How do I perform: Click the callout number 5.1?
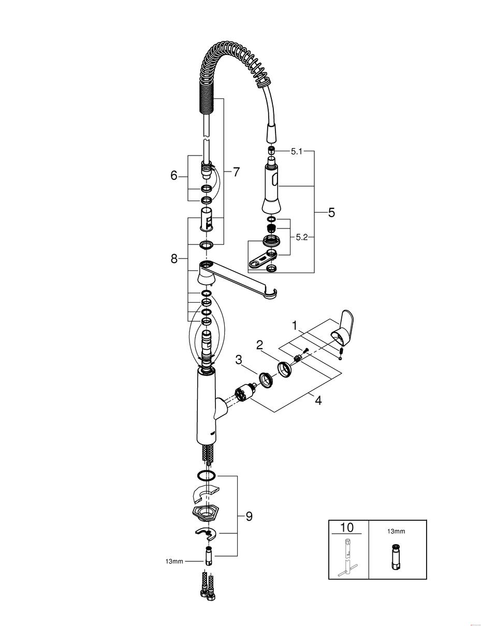coord(296,151)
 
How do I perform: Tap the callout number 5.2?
coord(302,237)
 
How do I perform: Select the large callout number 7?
coord(236,172)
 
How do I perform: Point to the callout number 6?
coord(174,175)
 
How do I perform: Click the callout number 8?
coord(174,259)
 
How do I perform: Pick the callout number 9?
coord(249,516)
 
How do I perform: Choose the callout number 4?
coord(318,400)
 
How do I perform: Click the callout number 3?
coord(239,360)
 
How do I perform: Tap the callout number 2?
coord(259,346)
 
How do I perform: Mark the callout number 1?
coord(294,326)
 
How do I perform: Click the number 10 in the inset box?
coord(346,528)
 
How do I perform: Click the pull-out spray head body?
coord(271,186)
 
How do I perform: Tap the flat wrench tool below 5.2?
coord(262,260)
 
